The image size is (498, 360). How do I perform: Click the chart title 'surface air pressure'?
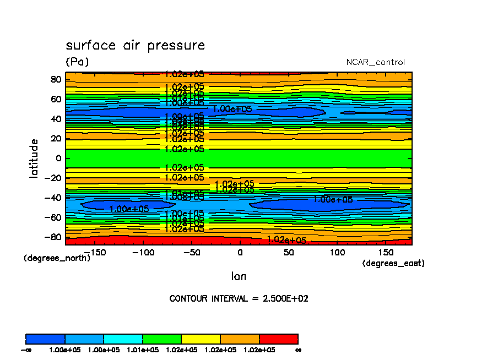[135, 45]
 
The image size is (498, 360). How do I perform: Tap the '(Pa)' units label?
[77, 62]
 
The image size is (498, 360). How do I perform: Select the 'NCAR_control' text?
[375, 62]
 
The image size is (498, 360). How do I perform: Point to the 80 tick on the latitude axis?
[55, 79]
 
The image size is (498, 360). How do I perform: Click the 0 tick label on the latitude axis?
[58, 159]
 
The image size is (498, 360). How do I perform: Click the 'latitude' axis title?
[34, 158]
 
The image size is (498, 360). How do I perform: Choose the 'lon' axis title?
[239, 276]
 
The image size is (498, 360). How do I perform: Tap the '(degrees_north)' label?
[57, 258]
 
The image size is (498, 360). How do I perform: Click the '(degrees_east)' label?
[393, 264]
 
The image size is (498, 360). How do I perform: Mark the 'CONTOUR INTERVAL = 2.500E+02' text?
[239, 299]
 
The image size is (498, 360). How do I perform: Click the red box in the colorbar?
[279, 339]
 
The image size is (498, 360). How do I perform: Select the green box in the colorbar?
[162, 339]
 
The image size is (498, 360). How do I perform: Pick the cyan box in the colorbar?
[123, 339]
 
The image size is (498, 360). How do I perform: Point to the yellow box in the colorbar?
[201, 339]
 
